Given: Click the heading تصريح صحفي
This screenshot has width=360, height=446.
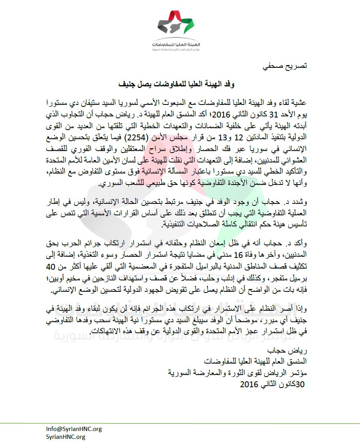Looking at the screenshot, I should click(287, 66).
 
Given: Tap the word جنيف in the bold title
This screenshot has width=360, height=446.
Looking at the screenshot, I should click(130, 84).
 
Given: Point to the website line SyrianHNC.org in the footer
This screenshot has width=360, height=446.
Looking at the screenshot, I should click(66, 437).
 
